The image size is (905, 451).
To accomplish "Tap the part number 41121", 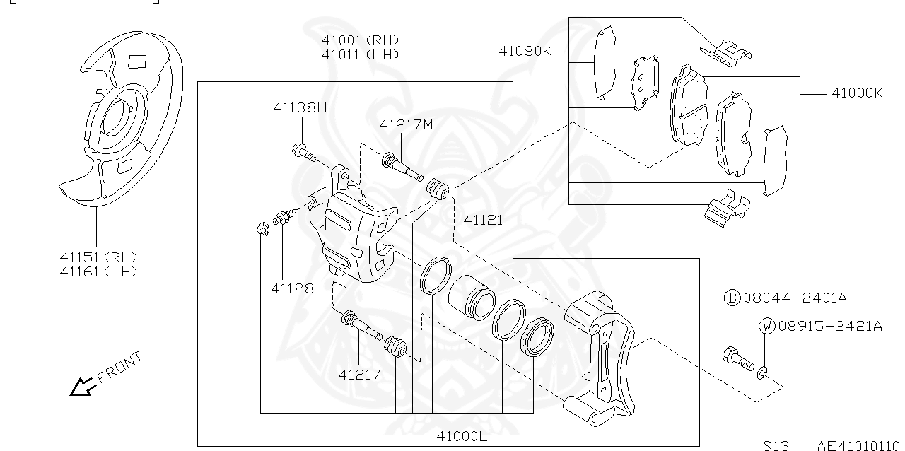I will (x=483, y=221).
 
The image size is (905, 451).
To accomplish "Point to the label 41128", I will (x=292, y=288).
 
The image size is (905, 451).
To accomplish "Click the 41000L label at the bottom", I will (x=462, y=435).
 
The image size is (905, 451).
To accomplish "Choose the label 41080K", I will (x=525, y=51).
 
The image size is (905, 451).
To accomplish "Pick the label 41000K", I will (x=857, y=93).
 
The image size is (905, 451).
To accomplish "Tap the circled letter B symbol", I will (x=732, y=298).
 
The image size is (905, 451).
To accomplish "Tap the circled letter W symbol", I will (x=767, y=326).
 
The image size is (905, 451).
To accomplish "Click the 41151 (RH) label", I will (x=98, y=257).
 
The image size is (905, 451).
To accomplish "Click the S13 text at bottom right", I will (x=776, y=445).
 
